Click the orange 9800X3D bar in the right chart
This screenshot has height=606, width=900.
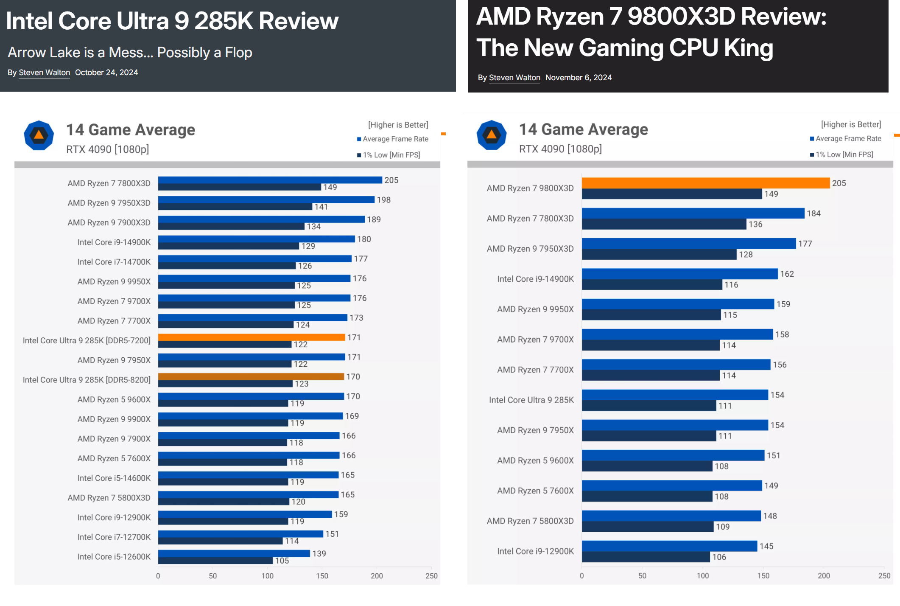(705, 183)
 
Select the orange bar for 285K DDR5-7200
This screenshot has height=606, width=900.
(251, 337)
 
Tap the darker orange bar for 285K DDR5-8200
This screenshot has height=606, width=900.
(251, 376)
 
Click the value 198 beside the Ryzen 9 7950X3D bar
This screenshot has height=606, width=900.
(383, 200)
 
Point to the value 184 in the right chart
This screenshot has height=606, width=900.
(813, 213)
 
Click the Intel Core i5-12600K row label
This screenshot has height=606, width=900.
(114, 557)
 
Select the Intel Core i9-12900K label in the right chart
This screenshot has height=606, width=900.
(535, 551)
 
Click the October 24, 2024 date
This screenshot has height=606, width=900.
(106, 73)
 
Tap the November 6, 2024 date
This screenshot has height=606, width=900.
(579, 78)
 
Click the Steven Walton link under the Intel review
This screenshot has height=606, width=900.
(44, 73)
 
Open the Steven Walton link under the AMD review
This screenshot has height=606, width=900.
(514, 78)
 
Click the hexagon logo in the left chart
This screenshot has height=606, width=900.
(39, 135)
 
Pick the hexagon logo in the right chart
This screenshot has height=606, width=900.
(492, 135)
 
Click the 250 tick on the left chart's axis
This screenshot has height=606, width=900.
(431, 576)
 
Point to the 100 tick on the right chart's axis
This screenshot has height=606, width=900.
(703, 576)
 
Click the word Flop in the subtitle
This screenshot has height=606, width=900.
(238, 53)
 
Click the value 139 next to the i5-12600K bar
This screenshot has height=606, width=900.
(319, 554)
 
